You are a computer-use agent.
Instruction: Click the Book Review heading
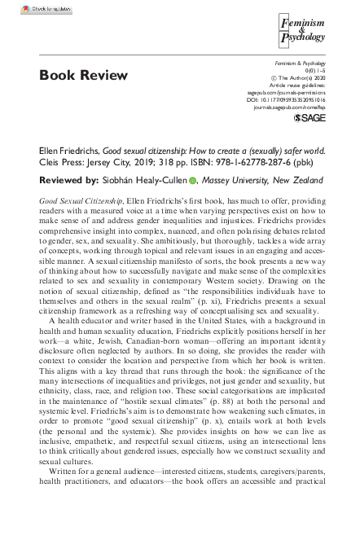point(83,76)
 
